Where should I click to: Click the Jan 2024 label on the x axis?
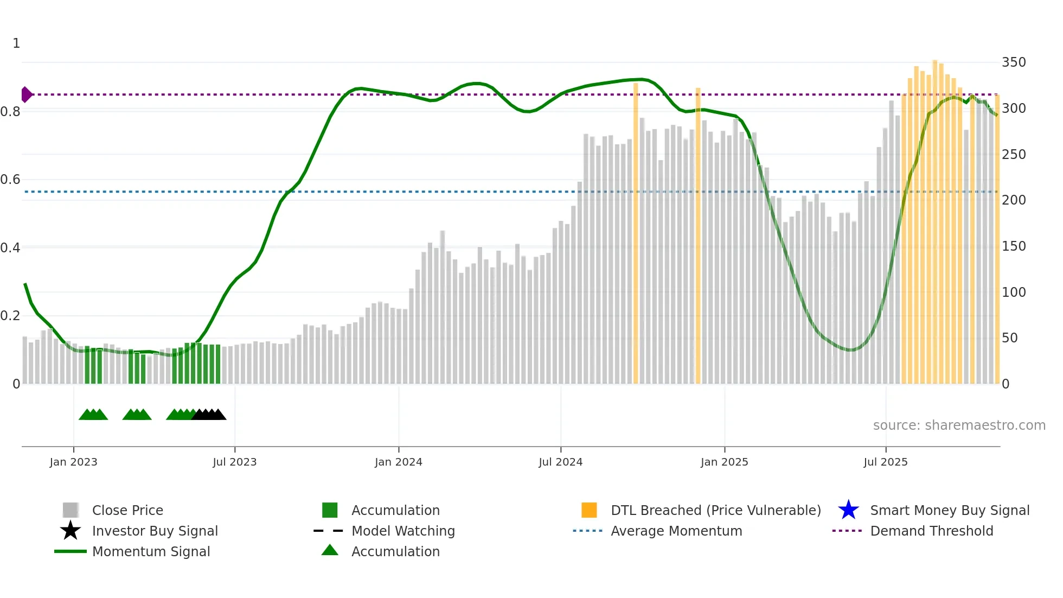point(398,462)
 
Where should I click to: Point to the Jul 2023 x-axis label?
point(234,462)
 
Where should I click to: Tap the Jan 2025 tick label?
point(724,462)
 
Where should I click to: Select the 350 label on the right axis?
point(1013,62)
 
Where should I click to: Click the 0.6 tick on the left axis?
point(10,180)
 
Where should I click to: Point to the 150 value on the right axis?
point(1013,246)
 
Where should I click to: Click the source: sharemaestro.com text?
point(959,425)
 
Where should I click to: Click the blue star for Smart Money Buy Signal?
point(848,510)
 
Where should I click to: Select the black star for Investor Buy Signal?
point(71,531)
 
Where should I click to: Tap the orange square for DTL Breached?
point(589,510)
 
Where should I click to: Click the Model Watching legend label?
point(403,531)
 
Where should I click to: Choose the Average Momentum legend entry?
point(676,531)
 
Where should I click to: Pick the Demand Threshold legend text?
point(931,531)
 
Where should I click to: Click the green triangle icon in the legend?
point(330,550)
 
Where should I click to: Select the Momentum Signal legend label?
point(151,551)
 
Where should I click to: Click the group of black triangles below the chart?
point(209,415)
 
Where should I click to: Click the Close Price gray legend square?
point(71,510)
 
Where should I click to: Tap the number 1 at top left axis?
point(16,43)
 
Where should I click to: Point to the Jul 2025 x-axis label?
point(885,462)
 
